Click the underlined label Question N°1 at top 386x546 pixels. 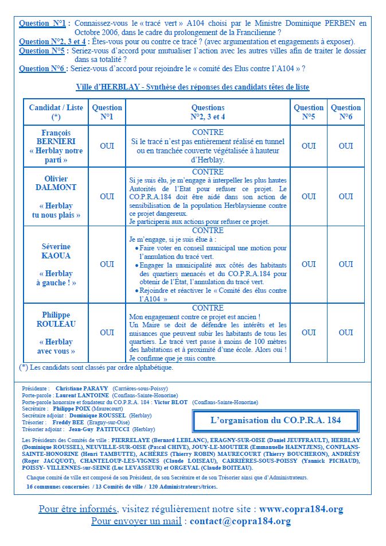42,24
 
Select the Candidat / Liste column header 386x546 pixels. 56,112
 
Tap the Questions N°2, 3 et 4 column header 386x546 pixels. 208,112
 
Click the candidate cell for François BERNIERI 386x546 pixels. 56,146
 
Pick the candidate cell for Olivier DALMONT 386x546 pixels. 56,196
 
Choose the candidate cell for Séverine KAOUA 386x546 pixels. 56,264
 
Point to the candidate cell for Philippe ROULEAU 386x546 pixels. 56,332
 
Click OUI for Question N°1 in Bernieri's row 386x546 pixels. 107,146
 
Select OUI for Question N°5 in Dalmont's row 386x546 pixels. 309,196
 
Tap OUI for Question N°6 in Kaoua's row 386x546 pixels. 346,264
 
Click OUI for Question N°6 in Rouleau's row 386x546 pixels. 346,332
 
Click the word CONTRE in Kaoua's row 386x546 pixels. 208,230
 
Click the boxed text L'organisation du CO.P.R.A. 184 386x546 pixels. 276,420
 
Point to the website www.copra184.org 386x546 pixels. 301,509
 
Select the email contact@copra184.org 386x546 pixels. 240,521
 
